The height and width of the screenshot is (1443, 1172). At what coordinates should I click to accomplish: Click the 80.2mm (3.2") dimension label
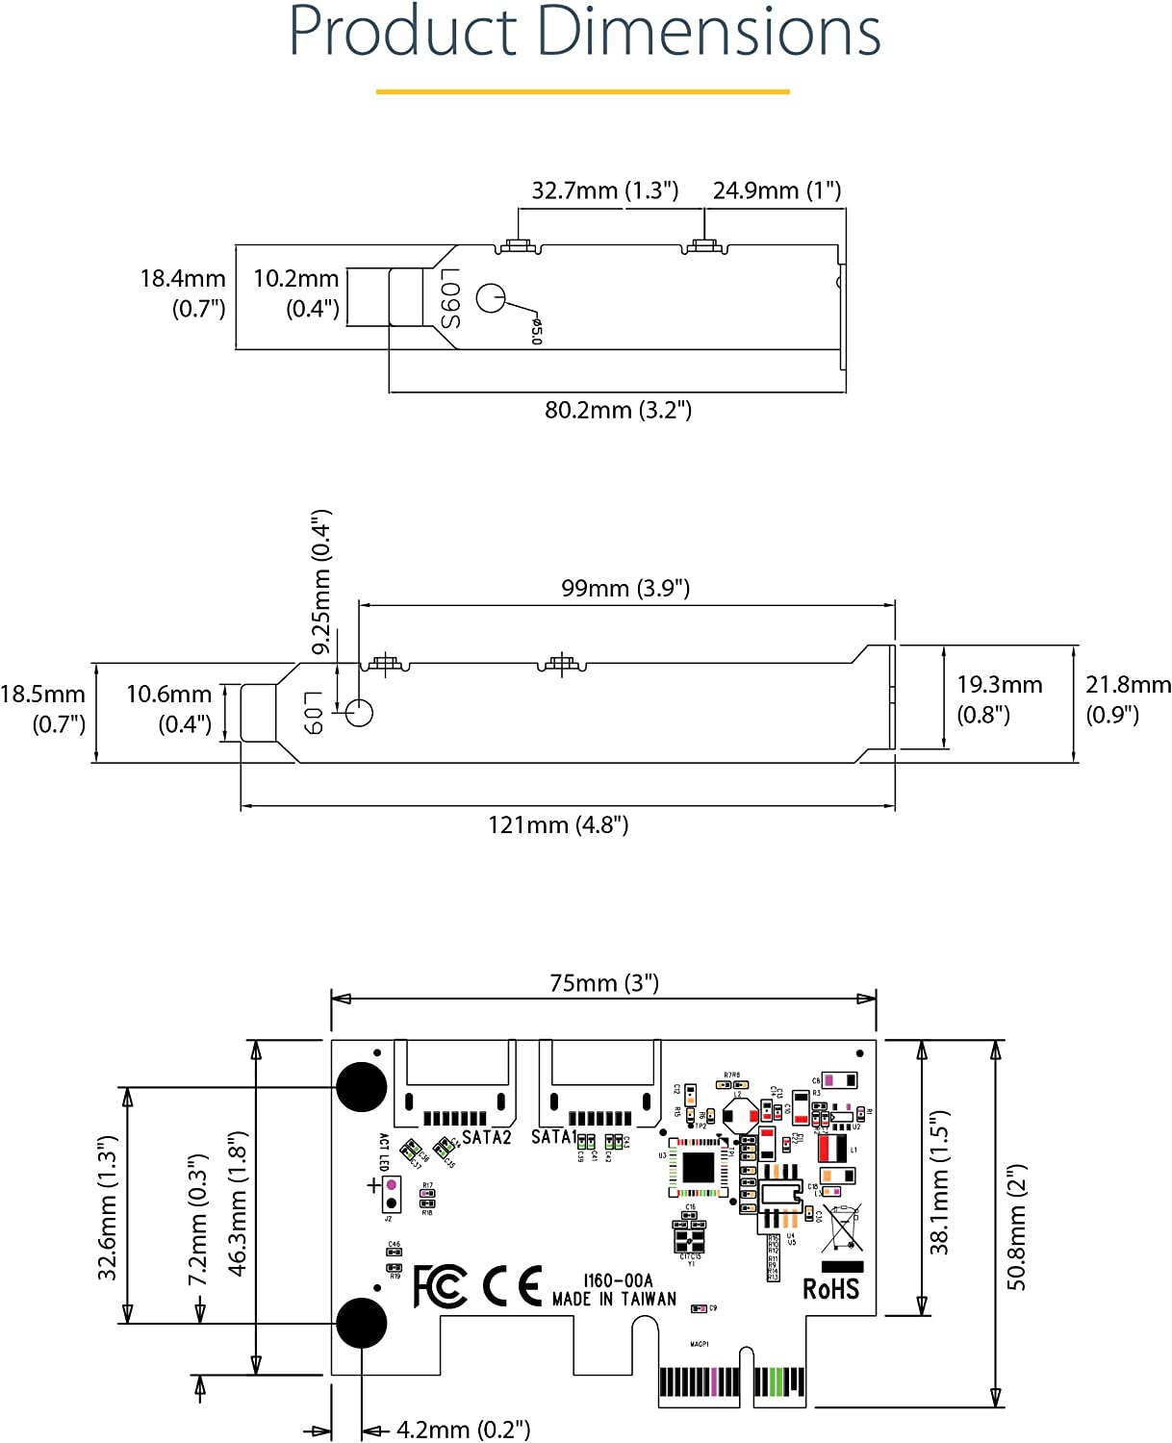pos(618,410)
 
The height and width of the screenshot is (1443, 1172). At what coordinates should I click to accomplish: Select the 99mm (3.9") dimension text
pos(625,588)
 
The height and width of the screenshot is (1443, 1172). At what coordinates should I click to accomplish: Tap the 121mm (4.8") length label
pos(558,824)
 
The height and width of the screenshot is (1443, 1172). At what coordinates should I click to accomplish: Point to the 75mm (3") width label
pos(604,982)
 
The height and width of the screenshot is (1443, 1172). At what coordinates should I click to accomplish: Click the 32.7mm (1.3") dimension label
pos(604,190)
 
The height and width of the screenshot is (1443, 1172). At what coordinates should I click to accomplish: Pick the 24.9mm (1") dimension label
pos(777,190)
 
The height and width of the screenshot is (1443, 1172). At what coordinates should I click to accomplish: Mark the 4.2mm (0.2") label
pos(463,1430)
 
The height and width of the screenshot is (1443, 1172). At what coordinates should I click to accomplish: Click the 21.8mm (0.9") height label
pos(1128,699)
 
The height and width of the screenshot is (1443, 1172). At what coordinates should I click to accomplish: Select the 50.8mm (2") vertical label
pos(1017,1227)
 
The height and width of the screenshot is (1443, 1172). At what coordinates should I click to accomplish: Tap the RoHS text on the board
pos(831,1289)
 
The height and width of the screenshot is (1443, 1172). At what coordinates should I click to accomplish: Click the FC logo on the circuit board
pos(440,1287)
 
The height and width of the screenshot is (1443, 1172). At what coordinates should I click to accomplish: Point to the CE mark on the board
pos(512,1287)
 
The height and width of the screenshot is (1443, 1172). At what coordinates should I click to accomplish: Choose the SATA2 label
pos(486,1137)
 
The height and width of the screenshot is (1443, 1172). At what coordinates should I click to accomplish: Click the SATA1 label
pos(553,1137)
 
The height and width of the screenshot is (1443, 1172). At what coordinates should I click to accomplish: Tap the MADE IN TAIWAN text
pos(614,1299)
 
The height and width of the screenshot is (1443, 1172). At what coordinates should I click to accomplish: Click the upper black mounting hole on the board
pos(362,1086)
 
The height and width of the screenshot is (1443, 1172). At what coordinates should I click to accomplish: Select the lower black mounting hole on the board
pos(362,1322)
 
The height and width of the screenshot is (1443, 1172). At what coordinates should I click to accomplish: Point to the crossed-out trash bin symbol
pos(842,1228)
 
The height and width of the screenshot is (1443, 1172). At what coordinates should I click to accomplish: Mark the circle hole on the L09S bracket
pos(491,298)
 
